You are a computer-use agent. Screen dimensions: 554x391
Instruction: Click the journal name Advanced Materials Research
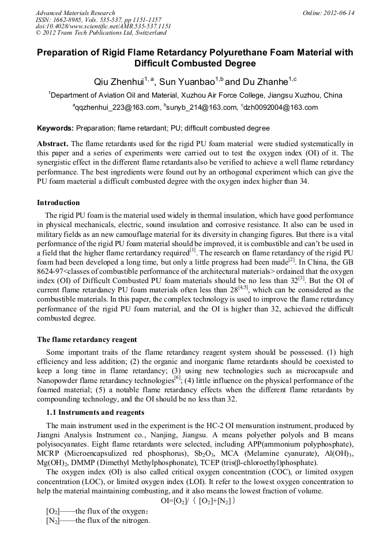[75, 13]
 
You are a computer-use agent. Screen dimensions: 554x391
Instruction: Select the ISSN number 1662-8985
[69, 20]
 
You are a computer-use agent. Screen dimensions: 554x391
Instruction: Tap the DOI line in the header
[103, 26]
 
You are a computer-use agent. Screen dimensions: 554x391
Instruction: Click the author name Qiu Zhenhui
[118, 81]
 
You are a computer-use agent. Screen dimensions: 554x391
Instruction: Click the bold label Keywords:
[55, 128]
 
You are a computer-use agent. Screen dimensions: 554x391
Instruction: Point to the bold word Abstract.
[52, 143]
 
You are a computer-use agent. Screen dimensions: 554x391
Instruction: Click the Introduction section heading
[58, 203]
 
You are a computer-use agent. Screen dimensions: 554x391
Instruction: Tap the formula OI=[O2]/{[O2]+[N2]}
[198, 500]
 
